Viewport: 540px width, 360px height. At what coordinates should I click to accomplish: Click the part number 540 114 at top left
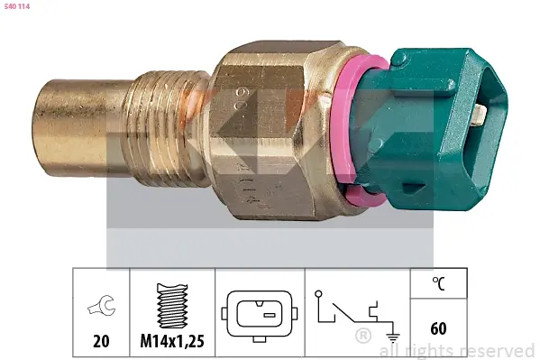(17, 6)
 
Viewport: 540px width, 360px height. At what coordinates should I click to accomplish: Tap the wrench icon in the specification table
(102, 305)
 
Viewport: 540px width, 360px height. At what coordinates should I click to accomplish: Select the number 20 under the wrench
(101, 341)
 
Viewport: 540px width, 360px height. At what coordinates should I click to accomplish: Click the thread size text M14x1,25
(172, 341)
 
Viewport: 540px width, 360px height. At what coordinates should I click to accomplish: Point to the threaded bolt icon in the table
(172, 306)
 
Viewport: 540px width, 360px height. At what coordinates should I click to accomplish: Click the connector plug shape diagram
(260, 316)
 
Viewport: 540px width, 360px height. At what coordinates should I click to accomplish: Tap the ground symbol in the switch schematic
(393, 337)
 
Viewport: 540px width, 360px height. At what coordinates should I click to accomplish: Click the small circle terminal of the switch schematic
(318, 294)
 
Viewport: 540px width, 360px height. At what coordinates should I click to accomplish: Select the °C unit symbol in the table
(439, 283)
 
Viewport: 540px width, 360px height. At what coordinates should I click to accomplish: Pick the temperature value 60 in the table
(438, 328)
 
